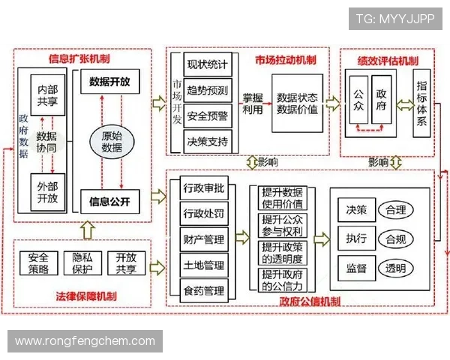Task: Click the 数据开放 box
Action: tap(109, 82)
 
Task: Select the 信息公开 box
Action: tap(109, 201)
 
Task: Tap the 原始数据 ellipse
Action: tap(112, 142)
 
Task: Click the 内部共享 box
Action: tap(47, 95)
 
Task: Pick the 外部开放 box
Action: tap(47, 192)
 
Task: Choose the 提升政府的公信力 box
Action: tap(282, 280)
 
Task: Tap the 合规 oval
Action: tap(395, 239)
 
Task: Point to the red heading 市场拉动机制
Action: tap(284, 59)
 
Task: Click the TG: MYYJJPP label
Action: tap(394, 19)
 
